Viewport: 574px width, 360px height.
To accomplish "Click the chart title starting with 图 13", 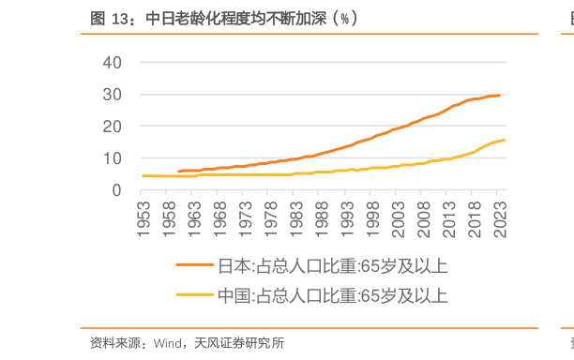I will (224, 18).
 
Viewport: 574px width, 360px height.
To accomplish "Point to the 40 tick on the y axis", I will (113, 62).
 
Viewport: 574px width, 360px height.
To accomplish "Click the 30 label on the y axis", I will (113, 95).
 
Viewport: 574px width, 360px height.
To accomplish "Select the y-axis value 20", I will (113, 127).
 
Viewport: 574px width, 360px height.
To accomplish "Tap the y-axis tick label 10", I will (113, 158).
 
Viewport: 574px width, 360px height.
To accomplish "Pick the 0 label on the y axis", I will (117, 190).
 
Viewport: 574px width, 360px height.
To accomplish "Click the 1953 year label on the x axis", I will (143, 218).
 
